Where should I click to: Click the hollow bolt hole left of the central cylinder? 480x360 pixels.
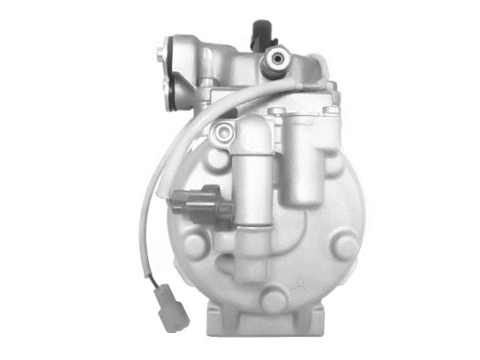tap(223, 131)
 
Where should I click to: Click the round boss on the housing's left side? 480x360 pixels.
tap(192, 246)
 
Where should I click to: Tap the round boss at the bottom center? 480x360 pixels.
tap(272, 299)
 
